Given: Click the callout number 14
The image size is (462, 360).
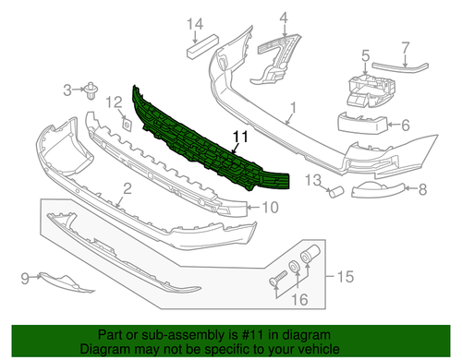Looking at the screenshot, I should click(x=195, y=24).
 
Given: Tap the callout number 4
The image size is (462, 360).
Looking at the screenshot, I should click(x=284, y=16).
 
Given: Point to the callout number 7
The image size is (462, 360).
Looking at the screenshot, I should click(x=405, y=45).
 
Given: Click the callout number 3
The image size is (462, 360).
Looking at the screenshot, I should click(x=67, y=90).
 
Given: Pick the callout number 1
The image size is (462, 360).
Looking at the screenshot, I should click(x=293, y=115).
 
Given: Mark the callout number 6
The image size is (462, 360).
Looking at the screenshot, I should click(x=405, y=123).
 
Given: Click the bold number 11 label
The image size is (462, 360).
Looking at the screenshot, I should click(x=241, y=138).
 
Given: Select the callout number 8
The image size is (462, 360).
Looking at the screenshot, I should click(x=424, y=190).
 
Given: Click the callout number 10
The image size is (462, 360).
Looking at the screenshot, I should click(x=269, y=208).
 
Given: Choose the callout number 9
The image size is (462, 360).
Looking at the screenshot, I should click(x=24, y=275).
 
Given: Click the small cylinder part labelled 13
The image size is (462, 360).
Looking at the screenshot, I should click(x=337, y=193).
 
